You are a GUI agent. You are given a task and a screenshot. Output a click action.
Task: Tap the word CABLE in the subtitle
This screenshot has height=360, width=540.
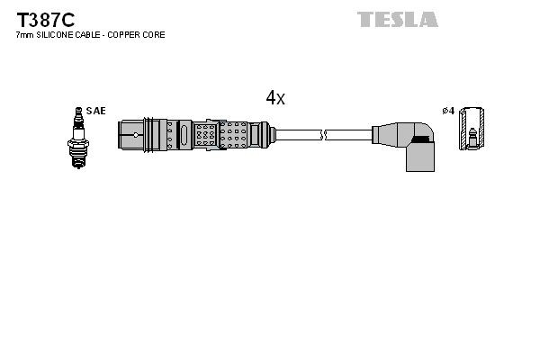(x=88, y=35)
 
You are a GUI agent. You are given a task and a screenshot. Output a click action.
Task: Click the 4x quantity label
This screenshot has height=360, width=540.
(x=274, y=99)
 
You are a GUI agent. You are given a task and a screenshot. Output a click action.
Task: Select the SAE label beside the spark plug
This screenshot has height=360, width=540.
(x=97, y=111)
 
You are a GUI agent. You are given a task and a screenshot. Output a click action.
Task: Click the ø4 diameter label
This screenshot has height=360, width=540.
(x=447, y=111)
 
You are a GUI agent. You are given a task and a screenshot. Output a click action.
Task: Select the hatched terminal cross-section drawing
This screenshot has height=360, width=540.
(x=471, y=131)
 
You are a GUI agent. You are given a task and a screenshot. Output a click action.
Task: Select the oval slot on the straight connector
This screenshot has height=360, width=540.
(x=184, y=135)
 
